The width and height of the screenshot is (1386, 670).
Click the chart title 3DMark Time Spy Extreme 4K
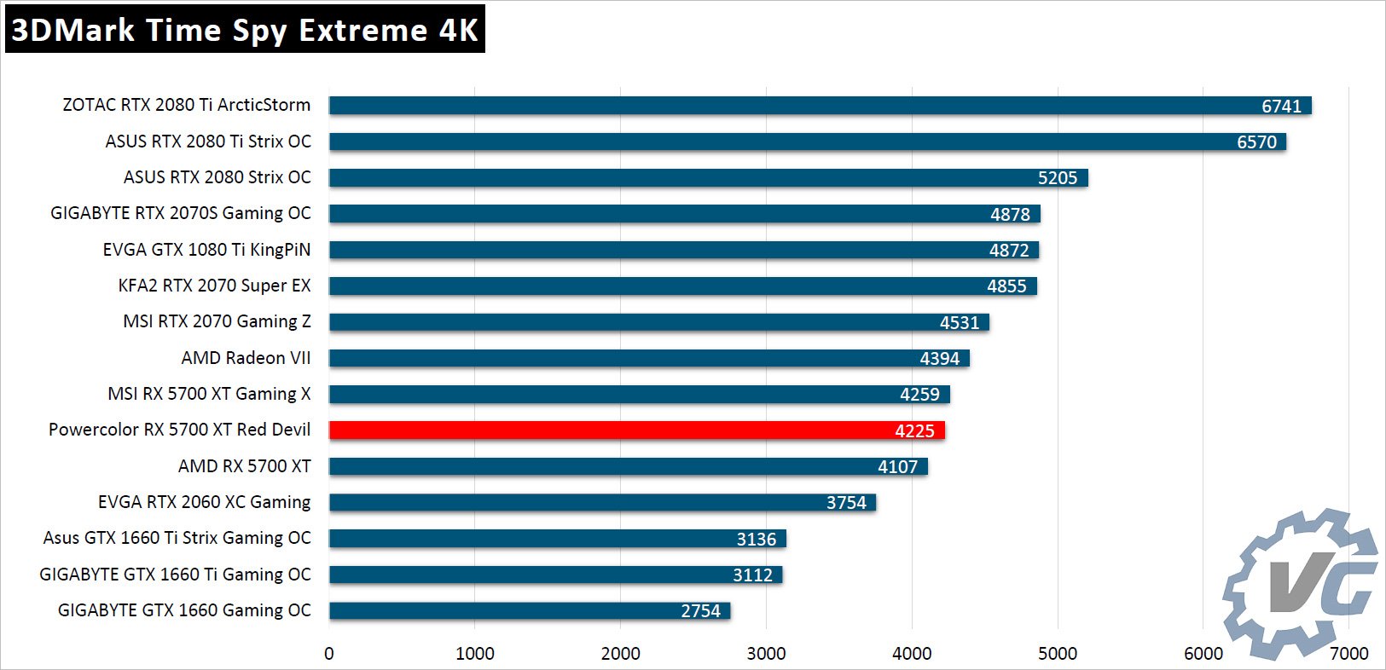click(245, 30)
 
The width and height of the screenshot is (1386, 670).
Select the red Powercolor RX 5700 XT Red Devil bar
click(636, 430)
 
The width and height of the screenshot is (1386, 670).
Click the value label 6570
click(1256, 142)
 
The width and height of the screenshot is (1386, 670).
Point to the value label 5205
click(1057, 178)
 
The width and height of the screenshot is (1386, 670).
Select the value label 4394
click(939, 359)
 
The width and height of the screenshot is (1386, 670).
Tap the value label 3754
click(845, 503)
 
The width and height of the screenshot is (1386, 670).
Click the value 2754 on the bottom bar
click(700, 611)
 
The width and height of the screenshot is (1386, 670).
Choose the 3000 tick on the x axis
click(766, 654)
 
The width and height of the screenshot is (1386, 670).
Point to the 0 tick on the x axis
click(329, 654)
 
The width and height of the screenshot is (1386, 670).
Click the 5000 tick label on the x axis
click(1057, 654)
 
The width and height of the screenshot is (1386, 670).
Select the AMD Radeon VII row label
click(246, 358)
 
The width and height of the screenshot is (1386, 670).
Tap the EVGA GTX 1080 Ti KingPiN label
click(206, 250)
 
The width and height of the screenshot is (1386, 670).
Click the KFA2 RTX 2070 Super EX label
click(214, 286)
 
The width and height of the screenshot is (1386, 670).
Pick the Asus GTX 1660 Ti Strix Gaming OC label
click(177, 538)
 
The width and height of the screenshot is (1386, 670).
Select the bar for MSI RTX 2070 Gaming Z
click(658, 322)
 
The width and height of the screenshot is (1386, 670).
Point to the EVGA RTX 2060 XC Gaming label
click(204, 502)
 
